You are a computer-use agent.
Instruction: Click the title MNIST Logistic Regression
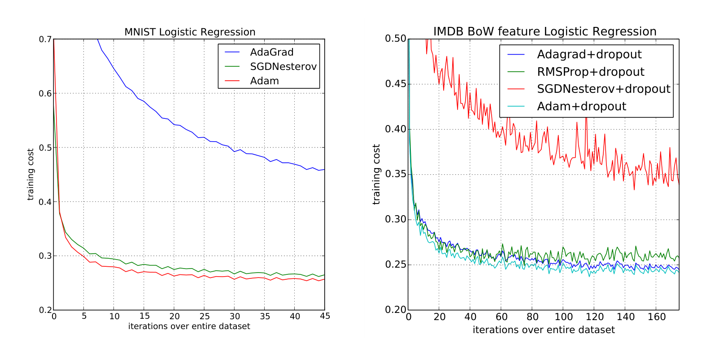click(x=190, y=32)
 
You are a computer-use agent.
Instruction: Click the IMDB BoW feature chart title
click(x=545, y=31)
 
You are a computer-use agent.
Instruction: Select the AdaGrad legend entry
click(x=271, y=52)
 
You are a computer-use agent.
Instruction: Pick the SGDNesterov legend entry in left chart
click(x=283, y=66)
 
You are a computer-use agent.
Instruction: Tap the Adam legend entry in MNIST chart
click(x=264, y=81)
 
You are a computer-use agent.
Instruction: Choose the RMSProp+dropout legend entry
click(x=590, y=72)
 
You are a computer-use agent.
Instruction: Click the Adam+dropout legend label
click(x=581, y=106)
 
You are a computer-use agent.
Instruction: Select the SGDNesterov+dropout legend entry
click(x=603, y=89)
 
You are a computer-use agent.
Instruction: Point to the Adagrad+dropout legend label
click(x=589, y=54)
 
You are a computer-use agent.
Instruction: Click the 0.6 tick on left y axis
click(x=45, y=93)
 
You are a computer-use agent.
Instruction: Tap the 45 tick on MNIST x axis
click(x=325, y=316)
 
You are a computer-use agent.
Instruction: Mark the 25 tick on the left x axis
click(x=205, y=316)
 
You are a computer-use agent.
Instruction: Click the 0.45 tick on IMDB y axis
click(x=395, y=84)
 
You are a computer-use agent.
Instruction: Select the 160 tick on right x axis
click(x=657, y=317)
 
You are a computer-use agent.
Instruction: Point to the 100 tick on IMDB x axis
click(x=563, y=317)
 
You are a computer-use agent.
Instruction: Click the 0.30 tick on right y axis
click(x=395, y=219)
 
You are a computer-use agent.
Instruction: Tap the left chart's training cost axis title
click(x=31, y=174)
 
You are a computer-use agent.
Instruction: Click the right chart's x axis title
click(x=544, y=330)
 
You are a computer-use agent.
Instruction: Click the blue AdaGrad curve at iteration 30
click(x=234, y=151)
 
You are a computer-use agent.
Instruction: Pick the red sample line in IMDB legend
click(x=516, y=89)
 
